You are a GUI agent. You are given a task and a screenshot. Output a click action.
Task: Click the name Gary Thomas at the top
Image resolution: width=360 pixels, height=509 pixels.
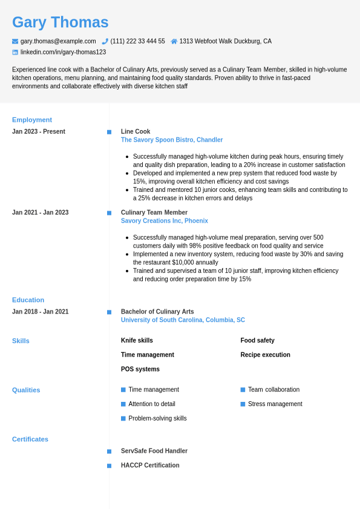pos(61,22)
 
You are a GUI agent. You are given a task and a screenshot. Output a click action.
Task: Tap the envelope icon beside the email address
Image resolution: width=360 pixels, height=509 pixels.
pos(15,41)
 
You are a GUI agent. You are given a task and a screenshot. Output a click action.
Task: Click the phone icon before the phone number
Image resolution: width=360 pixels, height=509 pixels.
pos(105,41)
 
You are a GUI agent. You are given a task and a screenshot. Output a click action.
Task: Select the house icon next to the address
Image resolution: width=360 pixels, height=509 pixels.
pos(174,41)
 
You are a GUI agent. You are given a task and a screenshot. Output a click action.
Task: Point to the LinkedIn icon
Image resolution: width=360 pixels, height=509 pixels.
pos(15,52)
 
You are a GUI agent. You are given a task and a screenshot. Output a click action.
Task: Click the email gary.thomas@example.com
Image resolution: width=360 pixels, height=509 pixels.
pos(58,41)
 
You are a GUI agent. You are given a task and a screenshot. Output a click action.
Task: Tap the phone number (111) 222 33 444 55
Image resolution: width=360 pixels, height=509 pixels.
pos(137,41)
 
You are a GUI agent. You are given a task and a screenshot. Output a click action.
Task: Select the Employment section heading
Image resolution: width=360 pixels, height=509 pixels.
pos(32,120)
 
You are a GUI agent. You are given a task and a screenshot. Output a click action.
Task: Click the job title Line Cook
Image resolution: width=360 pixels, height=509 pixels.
pos(136,131)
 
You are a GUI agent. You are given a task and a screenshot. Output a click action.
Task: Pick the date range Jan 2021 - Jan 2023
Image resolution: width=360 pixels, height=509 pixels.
pos(40,212)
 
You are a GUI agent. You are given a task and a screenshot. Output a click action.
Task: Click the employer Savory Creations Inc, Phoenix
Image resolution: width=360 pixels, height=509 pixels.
pos(165,221)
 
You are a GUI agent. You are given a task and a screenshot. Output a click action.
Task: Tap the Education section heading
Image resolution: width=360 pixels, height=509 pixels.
pos(28,300)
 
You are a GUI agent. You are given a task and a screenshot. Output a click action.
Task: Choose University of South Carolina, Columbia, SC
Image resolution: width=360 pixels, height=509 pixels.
pos(183,320)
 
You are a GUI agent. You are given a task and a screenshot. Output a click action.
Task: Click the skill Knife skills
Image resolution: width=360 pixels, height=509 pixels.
pos(137,340)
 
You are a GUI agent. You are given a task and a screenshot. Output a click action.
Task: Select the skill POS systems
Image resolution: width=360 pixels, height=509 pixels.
pos(140,369)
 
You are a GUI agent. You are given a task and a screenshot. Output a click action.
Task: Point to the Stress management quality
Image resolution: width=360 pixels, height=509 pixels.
pos(275,404)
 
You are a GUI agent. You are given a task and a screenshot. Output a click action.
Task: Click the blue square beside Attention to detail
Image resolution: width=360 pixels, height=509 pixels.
pos(123,404)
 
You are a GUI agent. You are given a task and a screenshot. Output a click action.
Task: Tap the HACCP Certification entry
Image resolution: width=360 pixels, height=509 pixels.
pos(150,465)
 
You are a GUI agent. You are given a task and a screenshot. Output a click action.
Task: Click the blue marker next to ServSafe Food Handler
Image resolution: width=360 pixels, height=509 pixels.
pos(109,451)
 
